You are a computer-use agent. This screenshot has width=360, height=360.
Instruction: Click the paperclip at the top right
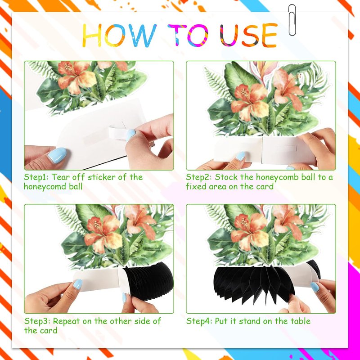point(292,20)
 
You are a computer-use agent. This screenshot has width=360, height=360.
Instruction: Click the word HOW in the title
point(119,36)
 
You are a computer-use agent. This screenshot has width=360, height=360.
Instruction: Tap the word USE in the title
point(248,35)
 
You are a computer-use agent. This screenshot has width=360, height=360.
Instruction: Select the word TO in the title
point(188,35)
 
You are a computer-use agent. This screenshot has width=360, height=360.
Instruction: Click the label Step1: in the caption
point(36,177)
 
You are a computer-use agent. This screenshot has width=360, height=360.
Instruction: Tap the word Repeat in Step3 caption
point(66,321)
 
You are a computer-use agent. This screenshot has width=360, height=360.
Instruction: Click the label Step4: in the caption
point(199,321)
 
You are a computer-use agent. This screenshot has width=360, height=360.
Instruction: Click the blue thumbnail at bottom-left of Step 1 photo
point(57,155)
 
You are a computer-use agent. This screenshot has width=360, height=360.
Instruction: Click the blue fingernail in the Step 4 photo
point(315,287)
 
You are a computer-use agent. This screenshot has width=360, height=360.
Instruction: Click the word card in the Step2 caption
point(265,186)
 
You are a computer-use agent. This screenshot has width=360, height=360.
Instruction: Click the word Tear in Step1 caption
point(60,177)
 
